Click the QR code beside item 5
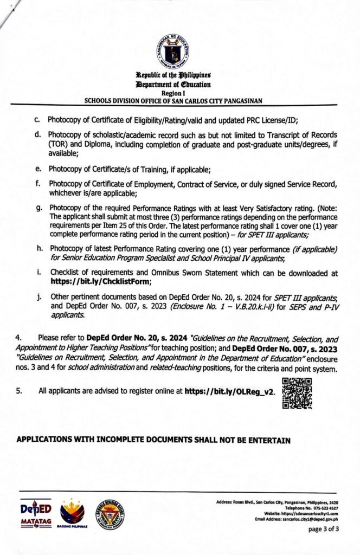[x=297, y=393]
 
